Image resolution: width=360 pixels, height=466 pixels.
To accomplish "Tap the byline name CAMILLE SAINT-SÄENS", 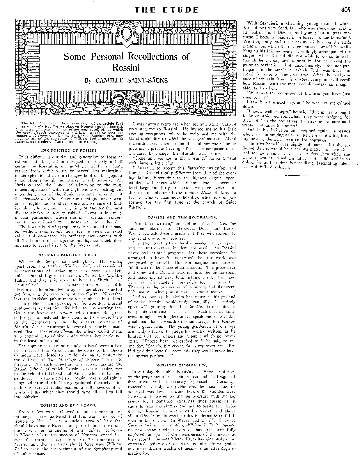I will [132, 80].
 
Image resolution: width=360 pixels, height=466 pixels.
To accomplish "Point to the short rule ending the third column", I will [295, 176].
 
